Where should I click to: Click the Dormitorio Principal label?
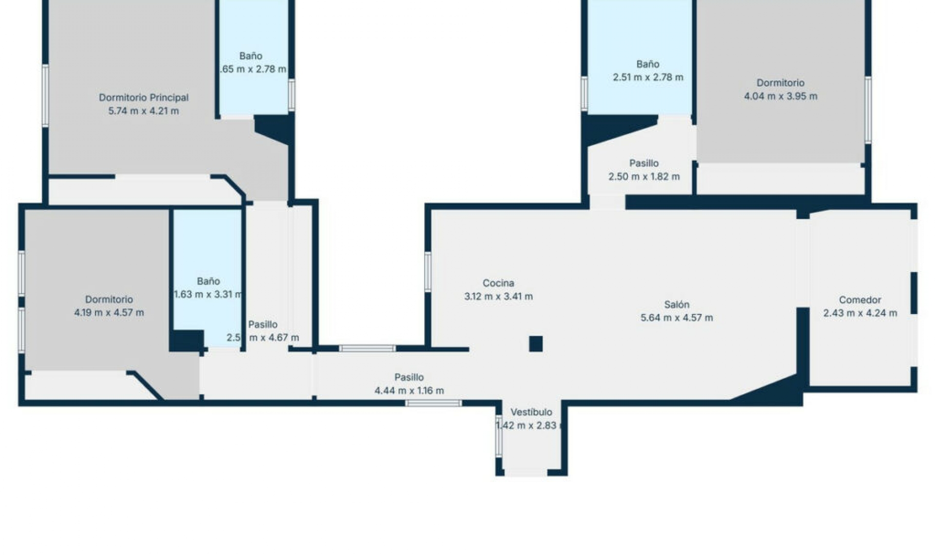pyautogui.click(x=143, y=97)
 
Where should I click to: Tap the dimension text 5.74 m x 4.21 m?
pyautogui.click(x=143, y=111)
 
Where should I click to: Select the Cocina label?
pyautogui.click(x=498, y=283)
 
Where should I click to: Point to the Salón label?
pyautogui.click(x=677, y=305)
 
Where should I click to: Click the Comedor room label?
pyautogui.click(x=860, y=300)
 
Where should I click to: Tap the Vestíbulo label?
pyautogui.click(x=531, y=412)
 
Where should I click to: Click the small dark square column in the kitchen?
pyautogui.click(x=536, y=344)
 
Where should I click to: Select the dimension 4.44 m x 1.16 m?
pyautogui.click(x=409, y=390)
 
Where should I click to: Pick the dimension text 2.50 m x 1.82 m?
pyautogui.click(x=643, y=177)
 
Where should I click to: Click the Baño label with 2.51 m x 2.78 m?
pyautogui.click(x=647, y=64)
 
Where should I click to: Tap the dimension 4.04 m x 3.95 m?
pyautogui.click(x=780, y=96)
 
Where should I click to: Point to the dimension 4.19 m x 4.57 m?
pyautogui.click(x=109, y=313)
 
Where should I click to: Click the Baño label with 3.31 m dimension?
pyautogui.click(x=208, y=281)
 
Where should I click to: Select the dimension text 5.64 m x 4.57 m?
pyautogui.click(x=677, y=318)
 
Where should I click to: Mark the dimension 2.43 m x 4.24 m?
pyautogui.click(x=860, y=313)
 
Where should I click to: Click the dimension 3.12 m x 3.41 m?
pyautogui.click(x=498, y=296)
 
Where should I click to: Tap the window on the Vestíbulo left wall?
pyautogui.click(x=499, y=436)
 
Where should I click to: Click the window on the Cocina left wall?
pyautogui.click(x=428, y=272)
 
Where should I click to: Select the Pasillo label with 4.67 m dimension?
pyautogui.click(x=263, y=325)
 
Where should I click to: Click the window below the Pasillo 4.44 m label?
pyautogui.click(x=433, y=403)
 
